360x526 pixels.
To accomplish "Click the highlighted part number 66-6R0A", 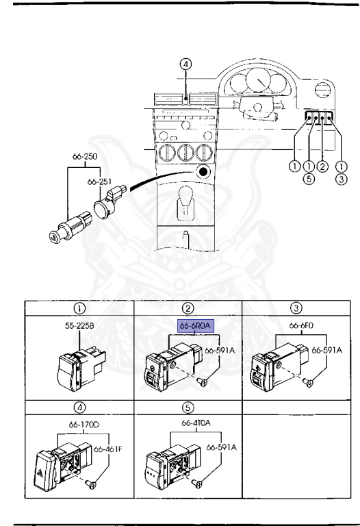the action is coord(196,326).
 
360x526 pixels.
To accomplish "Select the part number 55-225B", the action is coord(79,325).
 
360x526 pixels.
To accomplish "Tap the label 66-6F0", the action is coord(301,325).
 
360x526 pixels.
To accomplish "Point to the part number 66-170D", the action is coord(84,425).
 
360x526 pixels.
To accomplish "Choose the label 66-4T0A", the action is coord(196,423).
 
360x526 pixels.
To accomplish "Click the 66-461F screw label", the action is coord(108,449).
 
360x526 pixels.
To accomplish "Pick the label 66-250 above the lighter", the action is coord(85,156).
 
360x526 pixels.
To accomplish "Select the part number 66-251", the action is coord(99,181).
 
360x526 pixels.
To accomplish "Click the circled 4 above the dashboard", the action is coord(185,64).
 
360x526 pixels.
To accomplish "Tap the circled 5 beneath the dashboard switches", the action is coord(309,179).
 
